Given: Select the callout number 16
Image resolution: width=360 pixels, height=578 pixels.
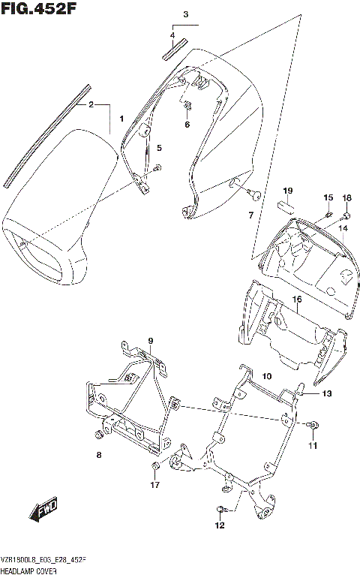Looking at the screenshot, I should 297,300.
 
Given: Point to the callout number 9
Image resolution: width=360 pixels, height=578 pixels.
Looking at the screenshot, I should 150,341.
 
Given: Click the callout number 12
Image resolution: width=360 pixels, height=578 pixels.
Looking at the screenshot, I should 219,525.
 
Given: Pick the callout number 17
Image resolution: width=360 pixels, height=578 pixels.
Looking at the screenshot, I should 155,485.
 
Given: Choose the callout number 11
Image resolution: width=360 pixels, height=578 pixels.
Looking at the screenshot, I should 313,446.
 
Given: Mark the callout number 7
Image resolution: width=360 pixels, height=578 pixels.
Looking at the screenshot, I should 250,216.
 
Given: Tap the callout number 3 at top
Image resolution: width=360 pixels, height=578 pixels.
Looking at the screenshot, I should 186,15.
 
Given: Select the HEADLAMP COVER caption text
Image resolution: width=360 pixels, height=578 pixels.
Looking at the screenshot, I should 31,570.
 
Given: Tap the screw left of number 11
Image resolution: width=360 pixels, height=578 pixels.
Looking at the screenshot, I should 311,426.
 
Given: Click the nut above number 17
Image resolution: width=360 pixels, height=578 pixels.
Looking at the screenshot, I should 154,469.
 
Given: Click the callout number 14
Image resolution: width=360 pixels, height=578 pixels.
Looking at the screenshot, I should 343,227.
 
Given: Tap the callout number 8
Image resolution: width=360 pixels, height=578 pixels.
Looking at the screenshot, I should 98,455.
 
